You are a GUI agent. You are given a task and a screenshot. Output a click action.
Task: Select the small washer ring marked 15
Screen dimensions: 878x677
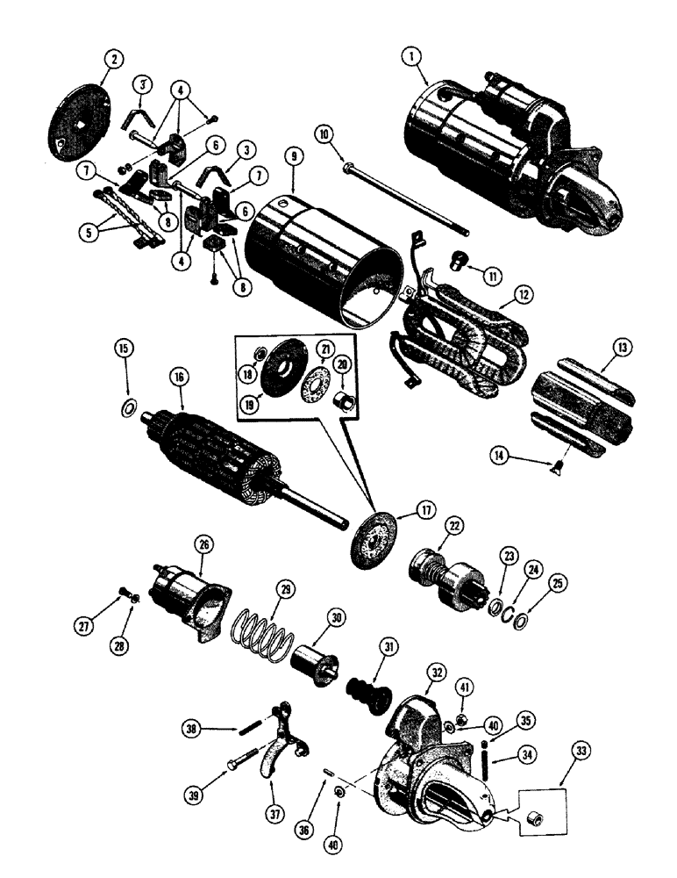point(127,407)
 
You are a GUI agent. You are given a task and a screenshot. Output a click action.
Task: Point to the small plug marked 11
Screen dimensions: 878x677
point(458,262)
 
